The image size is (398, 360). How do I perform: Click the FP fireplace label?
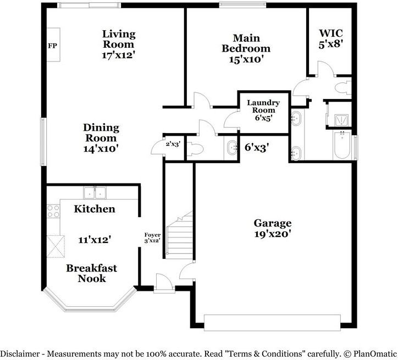coord(53,46)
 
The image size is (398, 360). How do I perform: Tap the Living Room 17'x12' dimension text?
coord(118,55)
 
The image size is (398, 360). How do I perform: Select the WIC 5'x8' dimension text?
coord(331,45)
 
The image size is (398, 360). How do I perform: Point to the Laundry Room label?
coord(263,106)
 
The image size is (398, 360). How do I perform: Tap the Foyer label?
coord(152,235)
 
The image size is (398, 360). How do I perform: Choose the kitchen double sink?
coord(95,192)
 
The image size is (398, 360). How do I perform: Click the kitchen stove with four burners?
coord(53,212)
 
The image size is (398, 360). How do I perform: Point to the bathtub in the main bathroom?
coord(342,145)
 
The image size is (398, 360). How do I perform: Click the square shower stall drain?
coord(341,120)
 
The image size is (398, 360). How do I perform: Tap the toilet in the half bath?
coord(195,149)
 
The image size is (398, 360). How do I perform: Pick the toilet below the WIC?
coord(343,87)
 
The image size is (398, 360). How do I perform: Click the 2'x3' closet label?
coord(173,144)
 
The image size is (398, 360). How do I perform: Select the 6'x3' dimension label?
coord(257,147)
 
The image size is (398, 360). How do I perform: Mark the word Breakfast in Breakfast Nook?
coord(92,268)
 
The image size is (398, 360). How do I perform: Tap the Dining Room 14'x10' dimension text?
coord(101,148)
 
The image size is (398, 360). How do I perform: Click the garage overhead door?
coord(272,323)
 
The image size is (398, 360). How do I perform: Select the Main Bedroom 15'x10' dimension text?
coord(246,59)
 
